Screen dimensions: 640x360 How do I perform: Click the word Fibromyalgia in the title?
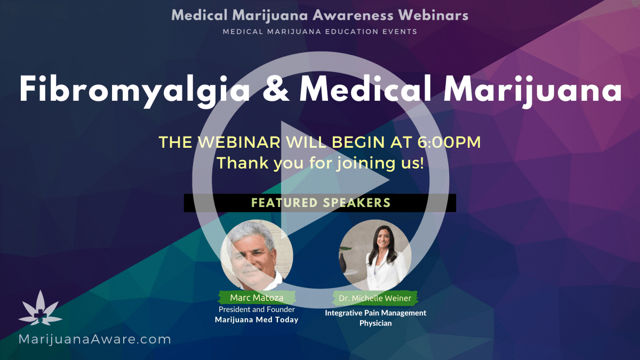134,91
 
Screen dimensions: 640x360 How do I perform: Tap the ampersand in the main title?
276,89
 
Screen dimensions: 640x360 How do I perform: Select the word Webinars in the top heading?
433,15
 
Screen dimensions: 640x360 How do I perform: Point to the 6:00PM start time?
449,142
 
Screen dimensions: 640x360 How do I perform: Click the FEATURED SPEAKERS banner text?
321,203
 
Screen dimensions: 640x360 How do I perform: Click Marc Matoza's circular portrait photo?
257,255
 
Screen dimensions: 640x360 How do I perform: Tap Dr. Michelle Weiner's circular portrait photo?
375,255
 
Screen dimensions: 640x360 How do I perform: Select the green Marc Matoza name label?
257,298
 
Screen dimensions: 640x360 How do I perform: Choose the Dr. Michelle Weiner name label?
375,298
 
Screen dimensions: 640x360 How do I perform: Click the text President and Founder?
257,309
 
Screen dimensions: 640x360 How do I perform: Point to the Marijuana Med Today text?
257,319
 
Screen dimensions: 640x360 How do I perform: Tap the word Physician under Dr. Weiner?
375,323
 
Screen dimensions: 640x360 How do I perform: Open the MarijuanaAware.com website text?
94,339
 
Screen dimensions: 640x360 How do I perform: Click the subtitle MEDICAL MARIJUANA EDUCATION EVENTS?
320,31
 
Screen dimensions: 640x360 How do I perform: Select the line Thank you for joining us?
321,163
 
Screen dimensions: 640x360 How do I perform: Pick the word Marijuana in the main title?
532,91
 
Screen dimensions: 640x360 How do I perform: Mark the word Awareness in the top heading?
353,15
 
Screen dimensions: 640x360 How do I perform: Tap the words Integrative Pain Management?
375,313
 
